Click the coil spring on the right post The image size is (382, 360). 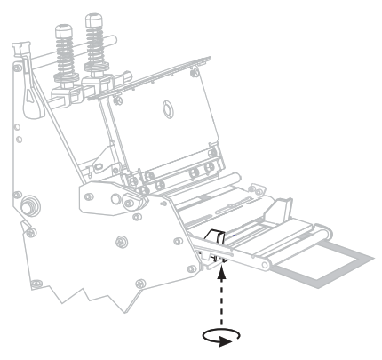click(95, 49)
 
